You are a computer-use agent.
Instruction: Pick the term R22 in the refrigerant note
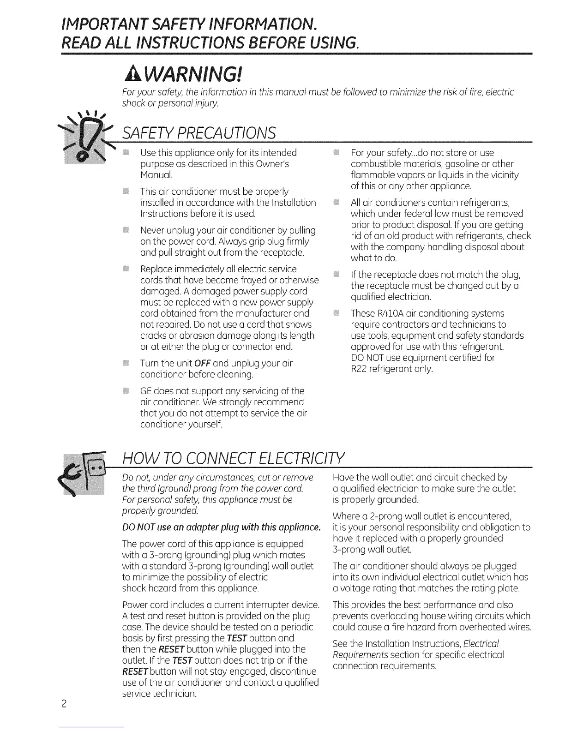pos(359,369)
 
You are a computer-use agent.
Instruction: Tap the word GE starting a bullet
pos(147,391)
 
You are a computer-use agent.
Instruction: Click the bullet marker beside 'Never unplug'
pos(126,230)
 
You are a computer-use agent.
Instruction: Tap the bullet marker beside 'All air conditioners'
pos(336,203)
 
